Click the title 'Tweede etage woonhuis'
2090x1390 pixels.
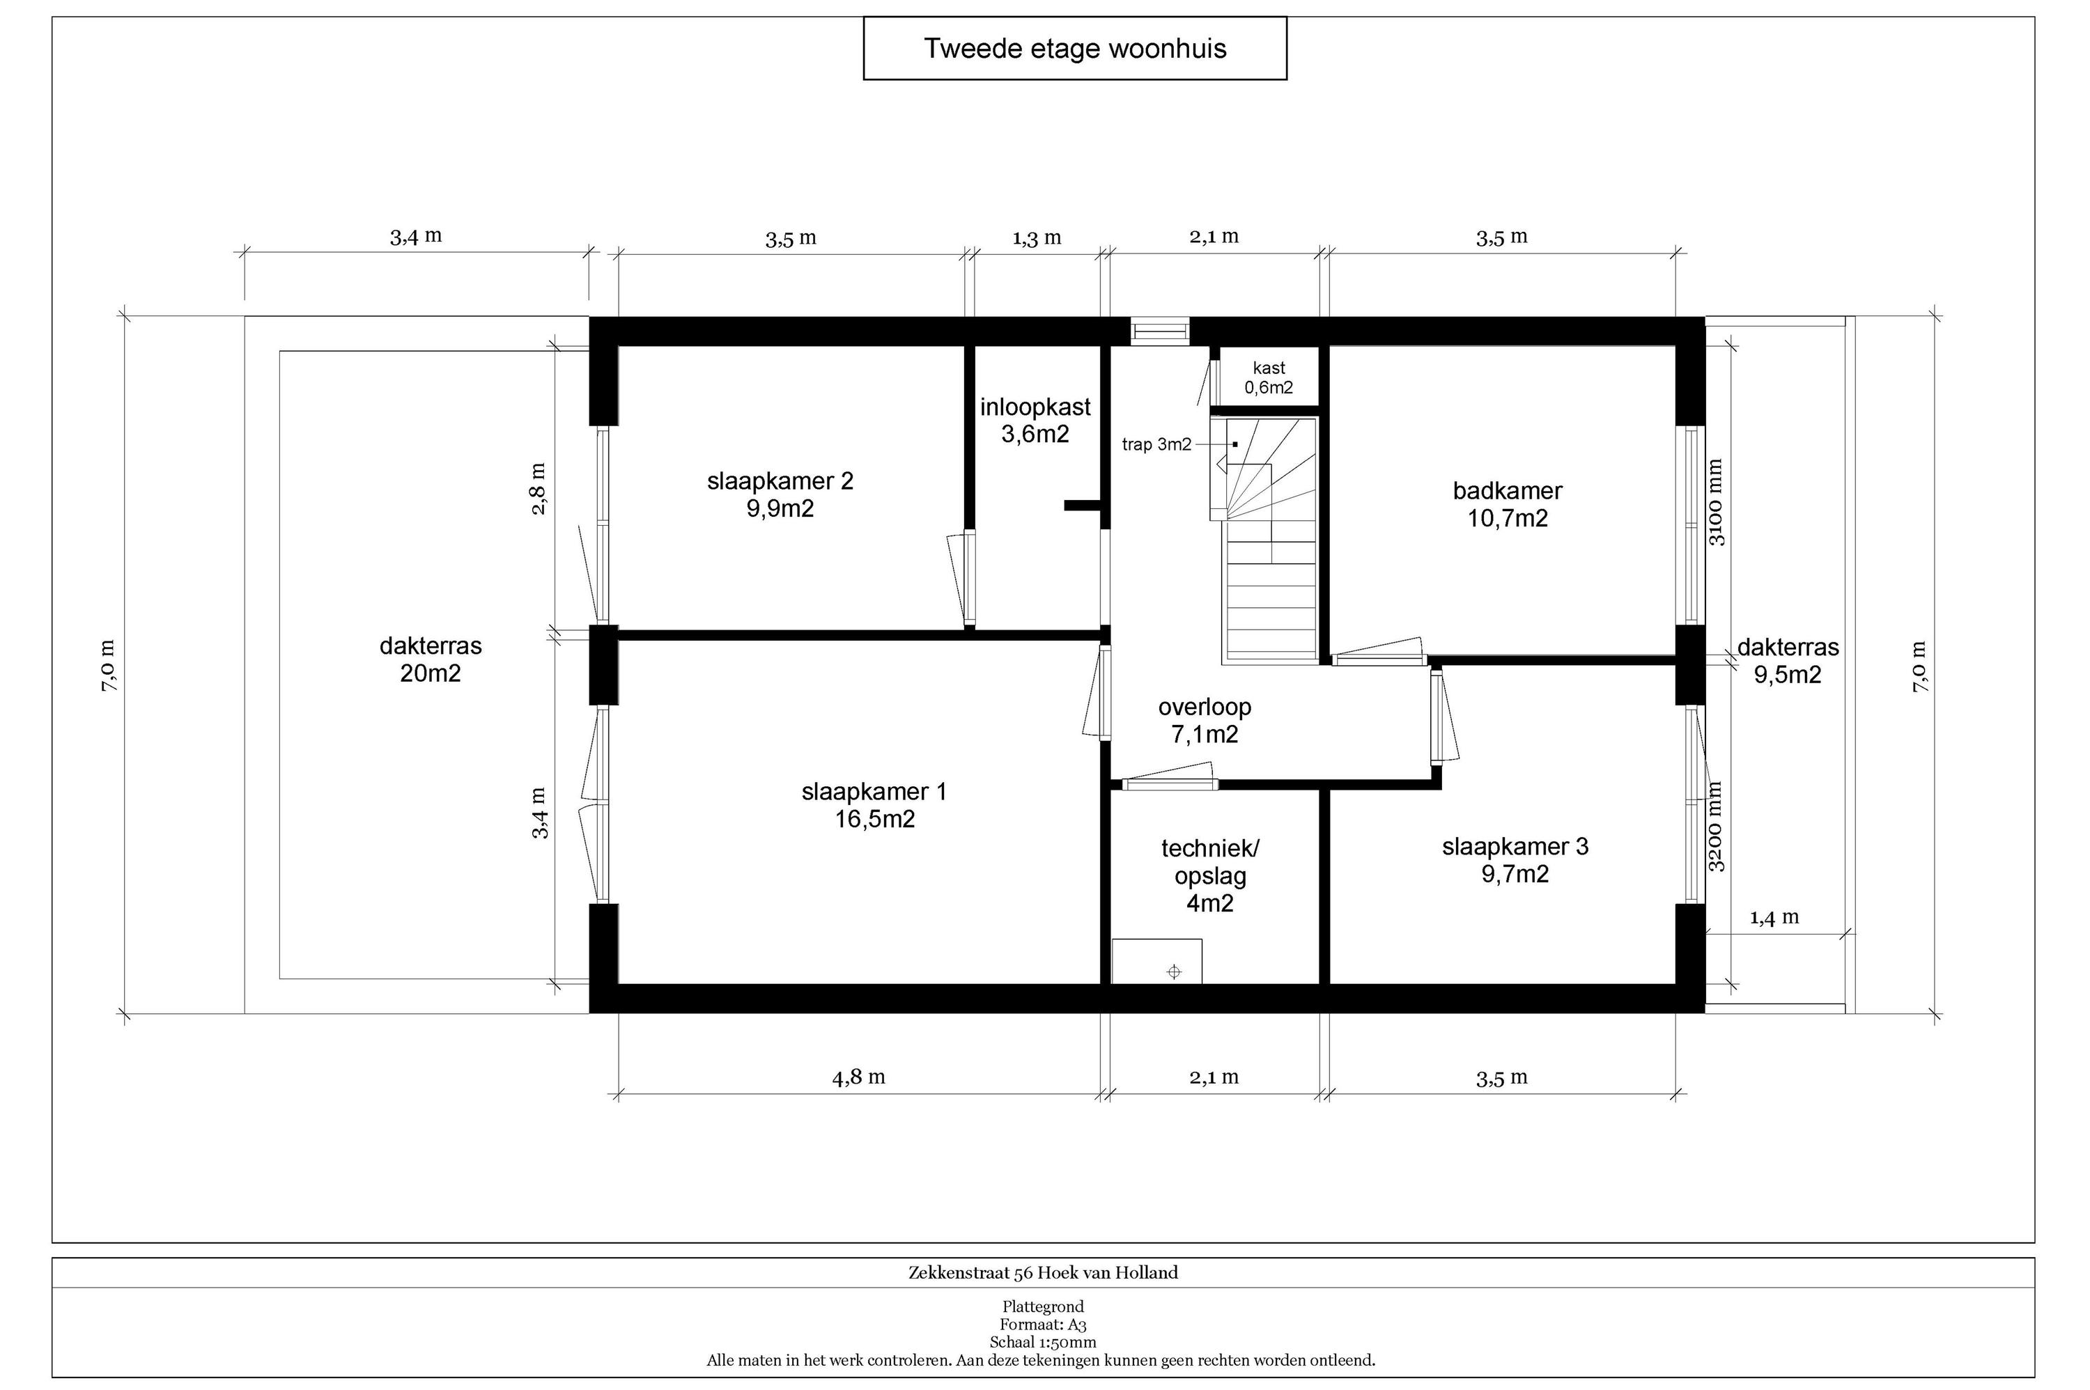click(x=1075, y=48)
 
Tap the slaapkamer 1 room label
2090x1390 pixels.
click(x=874, y=805)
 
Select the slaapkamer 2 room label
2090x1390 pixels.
click(x=780, y=494)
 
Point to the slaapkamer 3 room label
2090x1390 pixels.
click(x=1515, y=860)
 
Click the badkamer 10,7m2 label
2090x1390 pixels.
click(x=1508, y=503)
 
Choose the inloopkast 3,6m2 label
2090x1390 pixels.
click(x=1035, y=420)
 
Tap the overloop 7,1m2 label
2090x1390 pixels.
click(x=1204, y=720)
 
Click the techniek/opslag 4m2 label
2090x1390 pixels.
click(x=1209, y=876)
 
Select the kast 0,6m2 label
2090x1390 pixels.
click(x=1269, y=377)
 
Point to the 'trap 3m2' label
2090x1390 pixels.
click(x=1156, y=444)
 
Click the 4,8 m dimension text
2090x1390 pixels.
click(x=858, y=1077)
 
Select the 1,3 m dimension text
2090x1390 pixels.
click(x=1037, y=237)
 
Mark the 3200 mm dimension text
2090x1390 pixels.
click(x=1716, y=826)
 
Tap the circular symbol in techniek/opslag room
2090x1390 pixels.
click(x=1174, y=972)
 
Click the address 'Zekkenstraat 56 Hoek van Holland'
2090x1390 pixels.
click(x=1043, y=1273)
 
